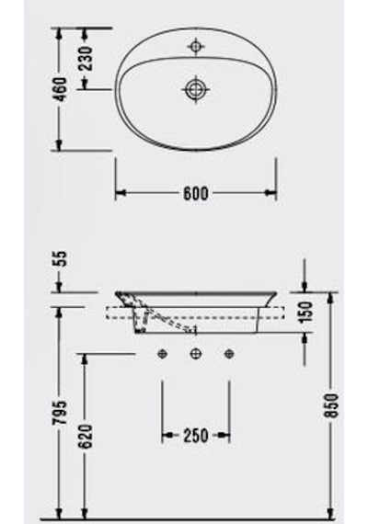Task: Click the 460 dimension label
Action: point(61,90)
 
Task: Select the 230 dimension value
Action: point(86,59)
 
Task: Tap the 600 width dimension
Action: point(196,194)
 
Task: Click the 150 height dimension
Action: point(305,312)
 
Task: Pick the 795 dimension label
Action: point(61,413)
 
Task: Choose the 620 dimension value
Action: point(86,437)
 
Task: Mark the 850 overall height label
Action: point(331,405)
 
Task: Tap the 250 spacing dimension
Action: point(196,436)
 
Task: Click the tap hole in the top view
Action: point(196,46)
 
